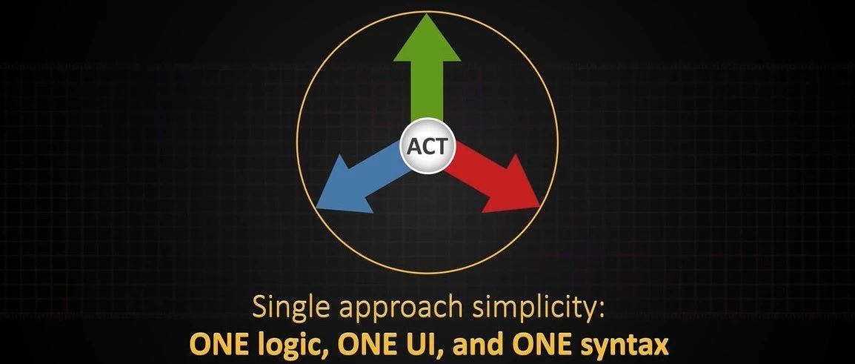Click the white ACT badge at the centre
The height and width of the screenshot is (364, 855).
click(427, 146)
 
